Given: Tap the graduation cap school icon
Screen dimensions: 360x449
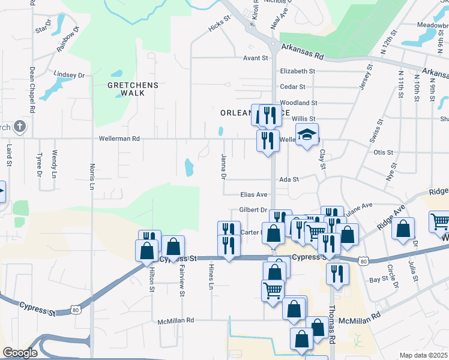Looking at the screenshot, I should point(306,135).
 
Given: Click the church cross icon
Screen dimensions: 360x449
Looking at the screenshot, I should point(20,127).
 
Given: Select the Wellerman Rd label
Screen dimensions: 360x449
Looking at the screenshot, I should point(119,139).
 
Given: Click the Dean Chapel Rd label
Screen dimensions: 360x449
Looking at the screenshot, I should point(31,90).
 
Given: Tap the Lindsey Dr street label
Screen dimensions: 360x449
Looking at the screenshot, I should point(69,75).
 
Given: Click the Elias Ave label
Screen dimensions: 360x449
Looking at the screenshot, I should point(253,195).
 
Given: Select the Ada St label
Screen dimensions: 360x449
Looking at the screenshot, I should point(289,179).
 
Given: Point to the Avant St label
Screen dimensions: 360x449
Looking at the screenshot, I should point(255,58).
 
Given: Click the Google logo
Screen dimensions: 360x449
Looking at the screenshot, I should point(20,353).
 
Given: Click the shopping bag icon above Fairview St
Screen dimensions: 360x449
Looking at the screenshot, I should point(173,246).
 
